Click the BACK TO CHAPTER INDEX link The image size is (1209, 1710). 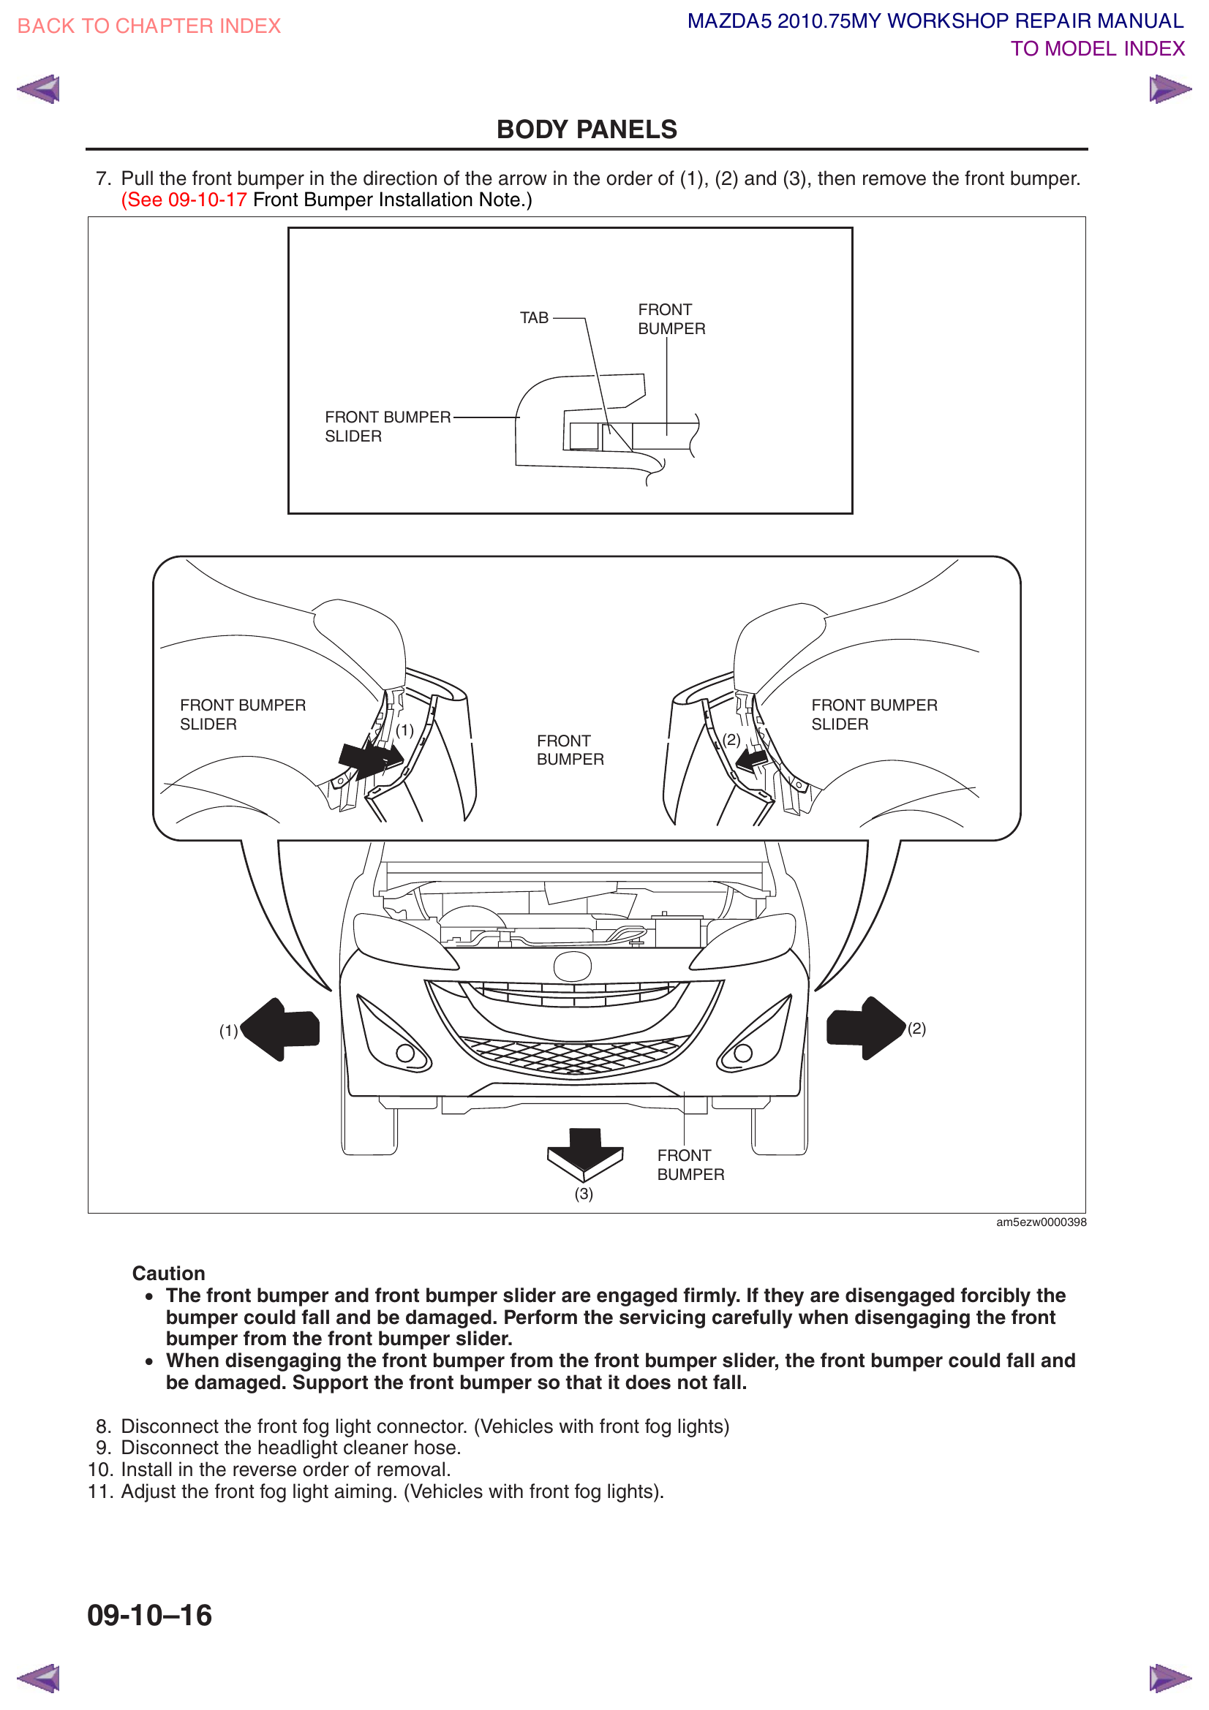(x=149, y=26)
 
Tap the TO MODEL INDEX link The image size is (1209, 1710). (x=1096, y=49)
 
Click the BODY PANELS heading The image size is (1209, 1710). (x=587, y=129)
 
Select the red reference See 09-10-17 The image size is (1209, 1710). (x=184, y=200)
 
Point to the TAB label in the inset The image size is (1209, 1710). (x=533, y=318)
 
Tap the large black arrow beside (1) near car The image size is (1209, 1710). (x=282, y=1029)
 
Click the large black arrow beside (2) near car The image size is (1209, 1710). (x=864, y=1028)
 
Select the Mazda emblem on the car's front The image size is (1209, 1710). (x=572, y=966)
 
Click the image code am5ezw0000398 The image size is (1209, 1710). (x=1041, y=1222)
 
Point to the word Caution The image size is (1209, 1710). (x=168, y=1274)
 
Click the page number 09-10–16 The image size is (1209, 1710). (x=150, y=1616)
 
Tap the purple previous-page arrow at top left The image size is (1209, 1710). (x=38, y=89)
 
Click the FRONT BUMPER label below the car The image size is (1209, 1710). (x=690, y=1165)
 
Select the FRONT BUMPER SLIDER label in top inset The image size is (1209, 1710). (x=388, y=427)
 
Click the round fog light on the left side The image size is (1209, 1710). (x=405, y=1053)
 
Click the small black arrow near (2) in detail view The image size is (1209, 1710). (x=752, y=760)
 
